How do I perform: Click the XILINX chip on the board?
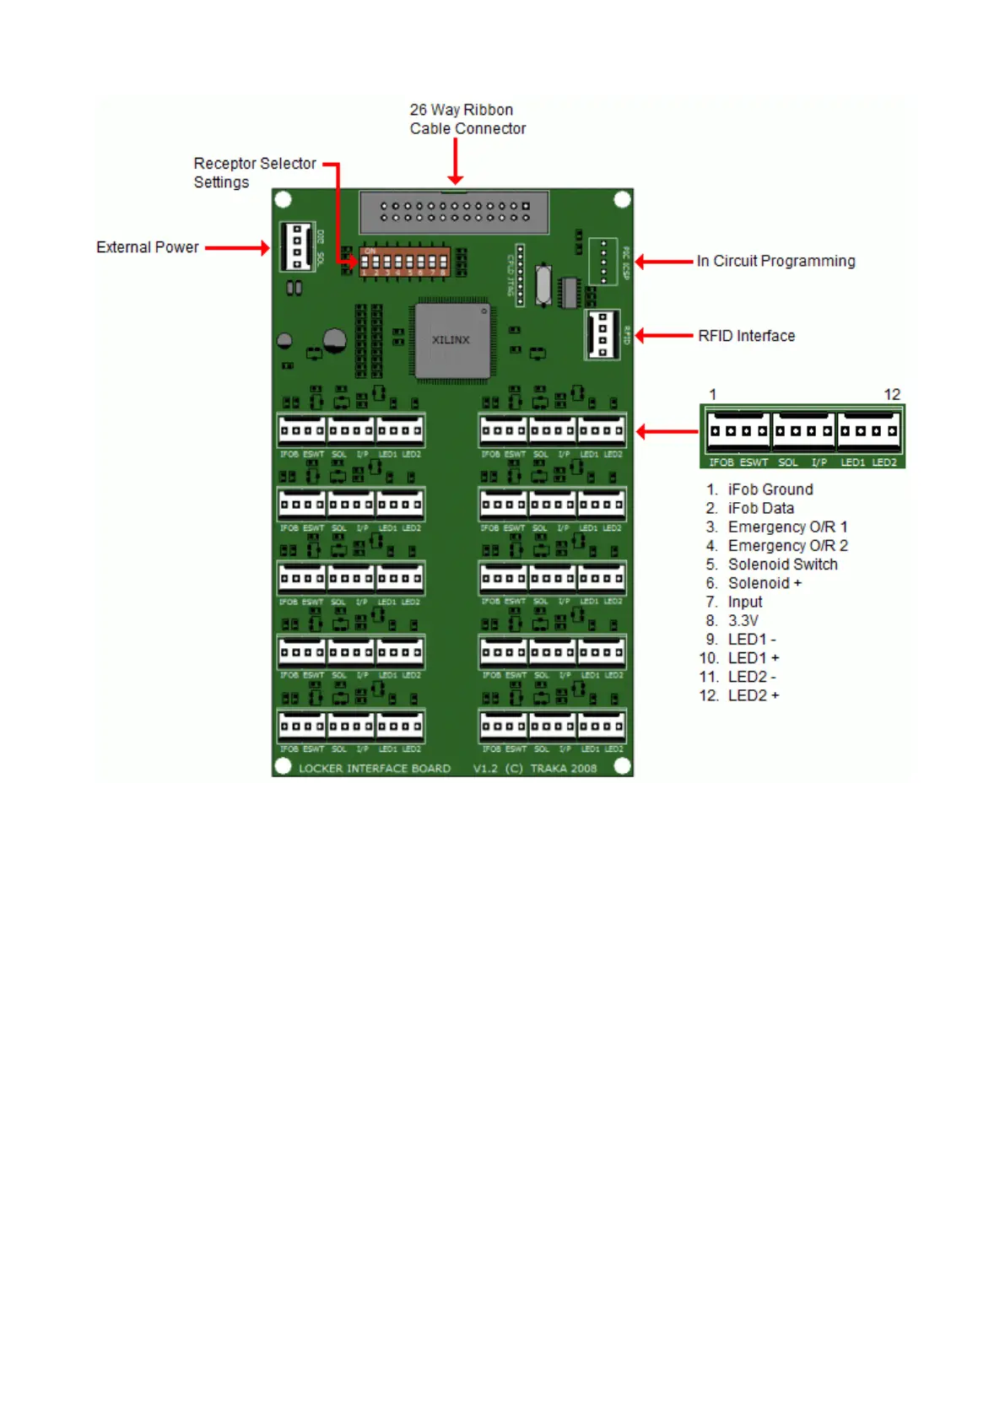click(x=451, y=340)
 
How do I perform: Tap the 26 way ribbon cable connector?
click(x=454, y=212)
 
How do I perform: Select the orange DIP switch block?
click(x=404, y=262)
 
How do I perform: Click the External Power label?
click(x=148, y=247)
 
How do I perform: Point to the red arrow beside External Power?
click(x=237, y=248)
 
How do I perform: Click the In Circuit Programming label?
click(x=775, y=262)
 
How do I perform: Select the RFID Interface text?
click(x=746, y=336)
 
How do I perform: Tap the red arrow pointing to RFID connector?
click(x=664, y=336)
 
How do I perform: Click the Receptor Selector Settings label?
click(x=254, y=172)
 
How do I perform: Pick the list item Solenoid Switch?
click(x=782, y=565)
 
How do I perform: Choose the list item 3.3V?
click(x=743, y=620)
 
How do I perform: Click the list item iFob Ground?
click(x=770, y=489)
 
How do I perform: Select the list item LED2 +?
click(x=753, y=695)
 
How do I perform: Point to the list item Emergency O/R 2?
click(x=787, y=546)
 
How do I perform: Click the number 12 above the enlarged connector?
click(x=892, y=395)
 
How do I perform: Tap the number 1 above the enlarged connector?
click(x=713, y=395)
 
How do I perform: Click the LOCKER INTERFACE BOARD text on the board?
click(x=375, y=769)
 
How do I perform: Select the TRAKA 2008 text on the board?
click(x=563, y=769)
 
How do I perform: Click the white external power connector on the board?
click(x=297, y=246)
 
